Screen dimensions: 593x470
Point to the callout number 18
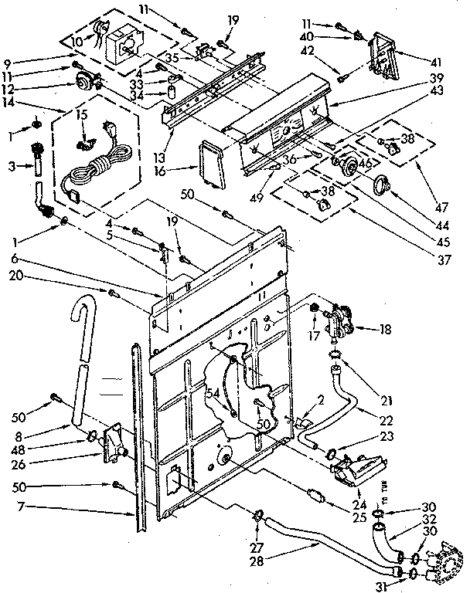384,330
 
